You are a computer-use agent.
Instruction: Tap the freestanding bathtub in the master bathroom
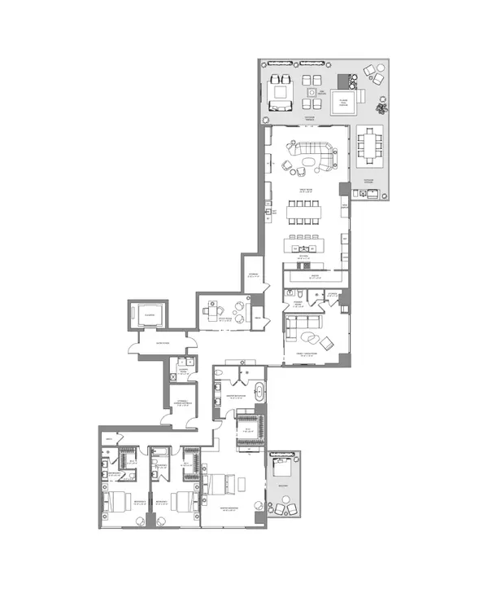click(x=259, y=393)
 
